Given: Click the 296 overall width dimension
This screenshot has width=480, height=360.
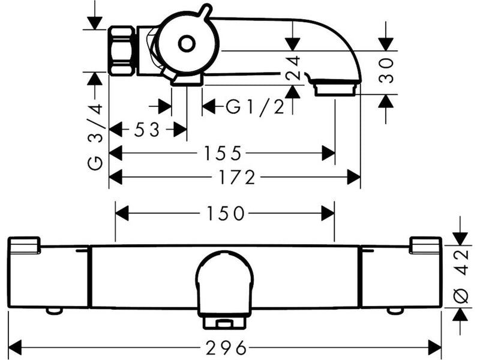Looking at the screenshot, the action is pos(226,348).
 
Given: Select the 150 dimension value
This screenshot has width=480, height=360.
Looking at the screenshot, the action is pos(226,214).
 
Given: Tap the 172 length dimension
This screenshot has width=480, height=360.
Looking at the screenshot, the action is pos(238,177).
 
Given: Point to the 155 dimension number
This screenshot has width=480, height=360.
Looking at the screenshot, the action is pos(223,153).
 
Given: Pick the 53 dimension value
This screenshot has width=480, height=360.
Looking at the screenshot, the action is pos(147,130).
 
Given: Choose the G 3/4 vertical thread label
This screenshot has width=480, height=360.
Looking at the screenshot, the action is pos(95,137).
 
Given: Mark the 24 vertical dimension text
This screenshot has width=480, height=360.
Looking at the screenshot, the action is pos(293,68).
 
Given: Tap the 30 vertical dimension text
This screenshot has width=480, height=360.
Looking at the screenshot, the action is pos(386,71).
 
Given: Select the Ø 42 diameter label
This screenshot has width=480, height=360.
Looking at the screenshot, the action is pos(461,277).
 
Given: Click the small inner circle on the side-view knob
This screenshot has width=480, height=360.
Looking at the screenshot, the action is pos(187,44).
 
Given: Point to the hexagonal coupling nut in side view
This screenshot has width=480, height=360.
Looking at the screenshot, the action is pos(122,50).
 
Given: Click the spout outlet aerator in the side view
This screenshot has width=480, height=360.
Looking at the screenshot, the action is pos(335,87).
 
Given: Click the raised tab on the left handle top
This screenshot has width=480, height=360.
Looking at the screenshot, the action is pos(24,245).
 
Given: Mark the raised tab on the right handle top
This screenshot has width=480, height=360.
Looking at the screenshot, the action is pos(425,245).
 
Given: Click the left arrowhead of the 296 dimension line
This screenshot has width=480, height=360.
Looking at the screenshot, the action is pos(14,348).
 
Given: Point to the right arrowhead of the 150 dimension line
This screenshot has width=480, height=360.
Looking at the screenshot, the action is pos(328,214).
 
